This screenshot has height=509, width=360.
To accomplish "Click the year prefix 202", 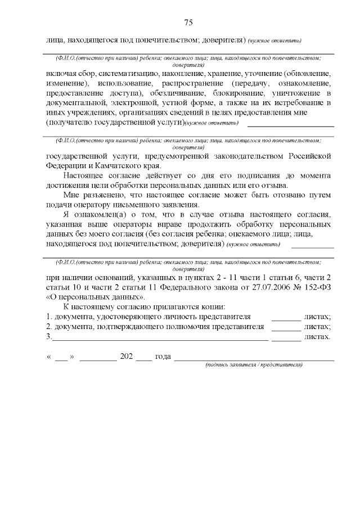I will click(x=126, y=356).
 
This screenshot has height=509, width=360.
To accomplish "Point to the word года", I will click(x=163, y=356).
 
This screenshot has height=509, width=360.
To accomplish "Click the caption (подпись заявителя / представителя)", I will click(x=254, y=364).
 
